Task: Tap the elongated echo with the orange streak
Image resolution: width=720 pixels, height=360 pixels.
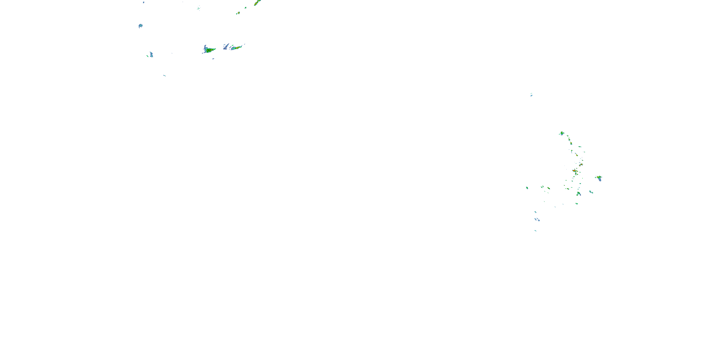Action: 237,48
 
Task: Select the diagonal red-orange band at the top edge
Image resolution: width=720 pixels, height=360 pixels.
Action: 257,3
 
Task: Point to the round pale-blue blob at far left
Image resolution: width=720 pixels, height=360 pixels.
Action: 140,26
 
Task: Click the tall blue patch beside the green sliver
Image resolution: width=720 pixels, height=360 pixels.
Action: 151,54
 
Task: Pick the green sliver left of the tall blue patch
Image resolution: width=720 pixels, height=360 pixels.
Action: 147,56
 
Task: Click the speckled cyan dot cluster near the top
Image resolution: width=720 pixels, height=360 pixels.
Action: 198,8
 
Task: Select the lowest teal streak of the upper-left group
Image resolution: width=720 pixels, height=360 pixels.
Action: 164,75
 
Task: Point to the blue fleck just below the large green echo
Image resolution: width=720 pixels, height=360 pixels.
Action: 213,59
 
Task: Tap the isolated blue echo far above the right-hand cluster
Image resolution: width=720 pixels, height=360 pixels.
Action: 531,95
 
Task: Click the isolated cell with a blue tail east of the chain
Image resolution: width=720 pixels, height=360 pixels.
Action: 599,178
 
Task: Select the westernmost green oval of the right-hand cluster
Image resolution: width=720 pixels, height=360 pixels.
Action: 527,188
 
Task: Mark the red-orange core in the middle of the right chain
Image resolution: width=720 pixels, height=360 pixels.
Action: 574,170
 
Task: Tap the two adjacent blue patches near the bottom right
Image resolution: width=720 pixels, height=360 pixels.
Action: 537,220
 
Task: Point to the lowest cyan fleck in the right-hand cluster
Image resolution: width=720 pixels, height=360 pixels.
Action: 535,231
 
